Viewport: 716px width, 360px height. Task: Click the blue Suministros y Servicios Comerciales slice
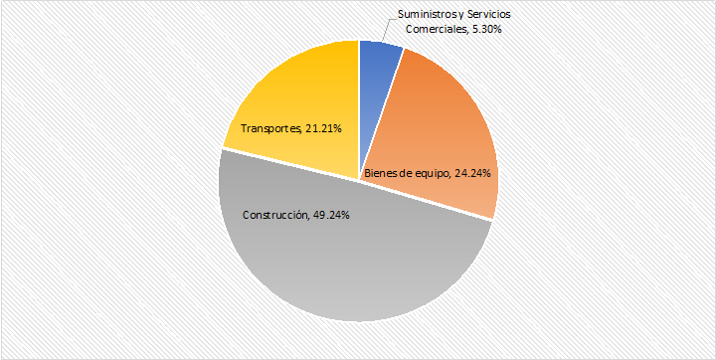click(x=377, y=91)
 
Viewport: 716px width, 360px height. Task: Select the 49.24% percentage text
click(x=331, y=215)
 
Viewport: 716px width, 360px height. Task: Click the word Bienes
click(x=378, y=174)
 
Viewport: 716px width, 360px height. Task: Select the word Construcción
click(x=276, y=215)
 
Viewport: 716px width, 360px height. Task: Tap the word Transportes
click(x=270, y=129)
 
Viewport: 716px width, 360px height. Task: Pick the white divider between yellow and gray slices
click(x=290, y=164)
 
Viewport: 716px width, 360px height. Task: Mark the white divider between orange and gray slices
click(x=427, y=201)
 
